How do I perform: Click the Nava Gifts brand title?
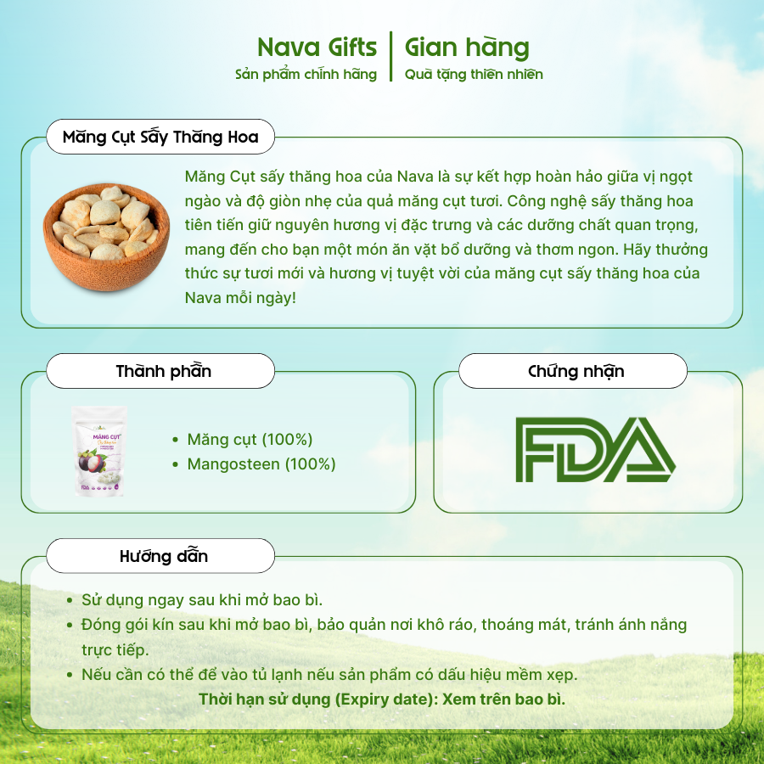(317, 48)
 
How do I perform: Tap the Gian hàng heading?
(467, 48)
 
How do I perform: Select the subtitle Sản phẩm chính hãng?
(306, 75)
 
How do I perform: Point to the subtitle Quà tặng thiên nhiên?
(474, 75)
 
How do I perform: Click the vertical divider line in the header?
(390, 57)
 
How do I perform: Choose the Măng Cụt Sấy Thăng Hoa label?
(160, 137)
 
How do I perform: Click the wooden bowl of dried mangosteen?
(107, 237)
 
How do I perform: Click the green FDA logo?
(595, 450)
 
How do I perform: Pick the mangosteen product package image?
(99, 452)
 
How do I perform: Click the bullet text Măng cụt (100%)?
(250, 440)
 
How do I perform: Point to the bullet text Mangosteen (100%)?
(261, 463)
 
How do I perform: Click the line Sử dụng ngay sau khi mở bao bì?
(202, 600)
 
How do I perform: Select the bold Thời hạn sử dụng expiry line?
(382, 699)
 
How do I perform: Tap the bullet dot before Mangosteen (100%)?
(176, 464)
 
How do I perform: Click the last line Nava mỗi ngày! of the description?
(241, 298)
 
